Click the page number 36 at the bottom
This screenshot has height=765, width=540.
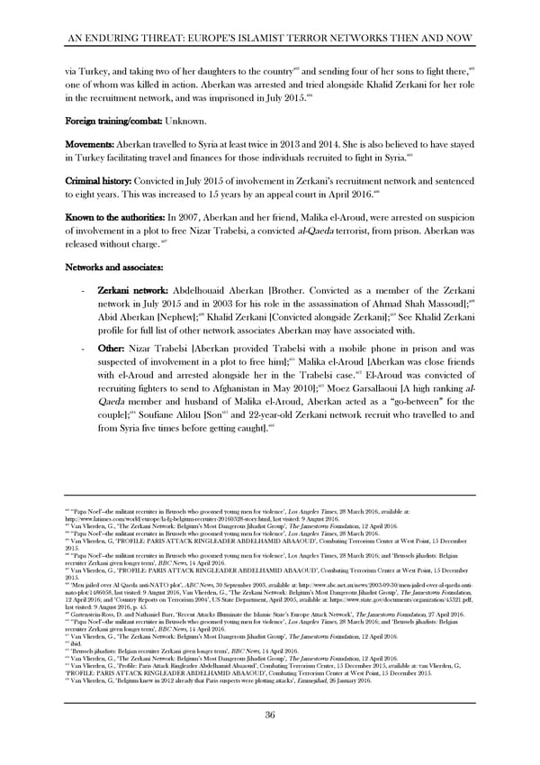(x=270, y=715)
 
